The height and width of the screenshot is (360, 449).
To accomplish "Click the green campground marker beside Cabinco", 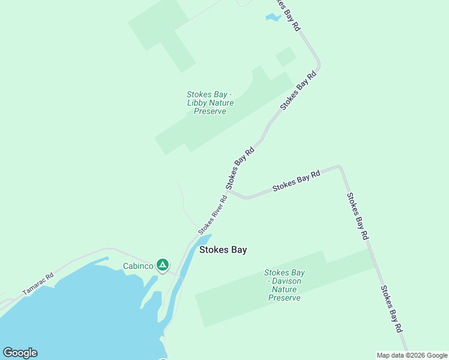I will tap(162, 265).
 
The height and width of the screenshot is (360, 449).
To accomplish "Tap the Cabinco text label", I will tap(138, 266).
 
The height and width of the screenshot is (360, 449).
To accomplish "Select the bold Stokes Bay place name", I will tap(223, 250).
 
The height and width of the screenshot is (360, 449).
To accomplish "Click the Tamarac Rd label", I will tap(38, 284).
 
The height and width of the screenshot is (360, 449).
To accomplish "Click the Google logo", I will tap(20, 353).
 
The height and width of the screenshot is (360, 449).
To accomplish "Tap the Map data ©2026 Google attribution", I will tap(412, 355).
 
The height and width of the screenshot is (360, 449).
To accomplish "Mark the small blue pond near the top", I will tap(273, 17).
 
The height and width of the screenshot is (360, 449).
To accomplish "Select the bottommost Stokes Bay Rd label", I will tap(390, 310).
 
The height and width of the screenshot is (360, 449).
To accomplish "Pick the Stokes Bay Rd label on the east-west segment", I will tap(296, 181).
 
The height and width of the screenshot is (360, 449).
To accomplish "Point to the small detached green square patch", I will tap(286, 57).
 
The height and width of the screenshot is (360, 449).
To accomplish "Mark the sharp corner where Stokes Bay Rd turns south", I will tap(340, 167).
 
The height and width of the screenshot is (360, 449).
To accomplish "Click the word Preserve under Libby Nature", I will tap(210, 111).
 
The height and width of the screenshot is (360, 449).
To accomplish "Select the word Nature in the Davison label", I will tap(285, 289).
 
